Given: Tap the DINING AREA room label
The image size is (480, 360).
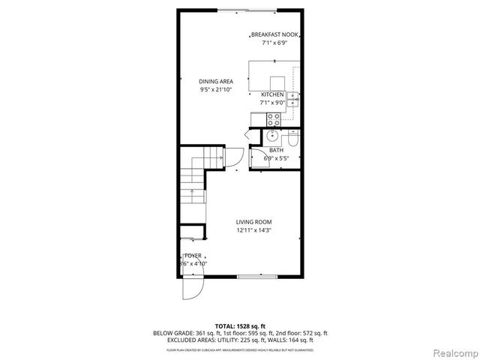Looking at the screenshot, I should pyautogui.click(x=216, y=81).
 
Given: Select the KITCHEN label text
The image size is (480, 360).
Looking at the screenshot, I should pyautogui.click(x=271, y=94).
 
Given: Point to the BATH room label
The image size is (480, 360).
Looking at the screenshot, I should pyautogui.click(x=275, y=150).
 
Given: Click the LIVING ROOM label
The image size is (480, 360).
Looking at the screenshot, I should pyautogui.click(x=253, y=222).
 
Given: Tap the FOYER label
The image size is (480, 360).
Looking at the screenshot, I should pyautogui.click(x=193, y=256).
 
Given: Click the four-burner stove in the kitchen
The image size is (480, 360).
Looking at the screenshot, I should pyautogui.click(x=274, y=118).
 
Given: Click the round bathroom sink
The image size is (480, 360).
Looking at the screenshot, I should pyautogui.click(x=272, y=136).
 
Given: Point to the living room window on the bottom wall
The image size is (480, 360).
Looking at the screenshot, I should pyautogui.click(x=253, y=277).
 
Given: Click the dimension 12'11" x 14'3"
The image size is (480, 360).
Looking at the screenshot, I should pyautogui.click(x=253, y=231).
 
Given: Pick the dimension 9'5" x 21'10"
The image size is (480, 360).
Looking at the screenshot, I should pyautogui.click(x=216, y=89).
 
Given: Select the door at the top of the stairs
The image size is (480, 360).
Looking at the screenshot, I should pyautogui.click(x=232, y=157).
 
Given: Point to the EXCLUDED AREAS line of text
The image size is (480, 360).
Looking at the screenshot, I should pyautogui.click(x=240, y=340).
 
